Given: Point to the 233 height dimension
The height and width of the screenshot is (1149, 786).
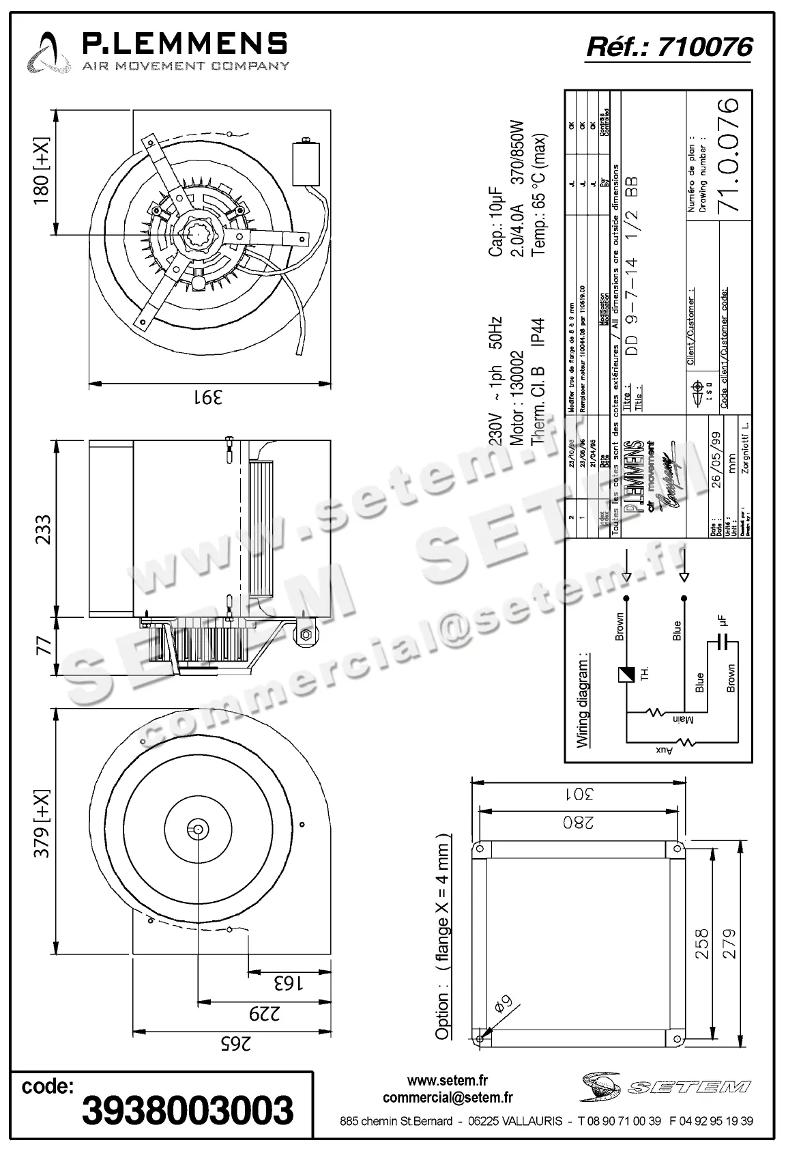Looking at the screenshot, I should click(x=42, y=529).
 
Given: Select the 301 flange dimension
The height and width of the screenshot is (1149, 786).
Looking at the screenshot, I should click(x=579, y=794).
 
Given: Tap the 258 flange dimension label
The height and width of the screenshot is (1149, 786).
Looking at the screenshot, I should click(x=701, y=944).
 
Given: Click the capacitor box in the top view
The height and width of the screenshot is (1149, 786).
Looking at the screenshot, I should click(x=306, y=162).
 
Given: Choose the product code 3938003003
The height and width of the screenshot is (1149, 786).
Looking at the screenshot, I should click(x=188, y=1109).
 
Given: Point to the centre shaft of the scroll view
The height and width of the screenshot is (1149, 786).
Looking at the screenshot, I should click(x=197, y=829).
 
